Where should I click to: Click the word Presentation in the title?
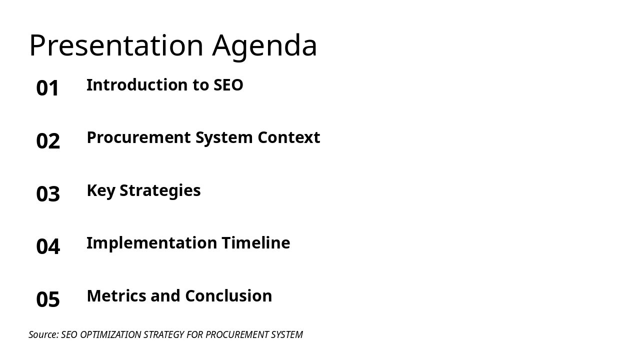[116, 45]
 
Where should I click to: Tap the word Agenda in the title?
[264, 45]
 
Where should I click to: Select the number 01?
[48, 88]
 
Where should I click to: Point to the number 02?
[48, 141]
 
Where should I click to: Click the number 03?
[48, 194]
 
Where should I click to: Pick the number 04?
[48, 246]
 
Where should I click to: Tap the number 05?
[48, 299]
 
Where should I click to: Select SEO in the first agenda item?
[228, 85]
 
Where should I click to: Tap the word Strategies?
[160, 190]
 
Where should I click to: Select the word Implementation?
[151, 243]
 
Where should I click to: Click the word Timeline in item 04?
[255, 243]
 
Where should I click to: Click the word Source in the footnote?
[43, 334]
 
